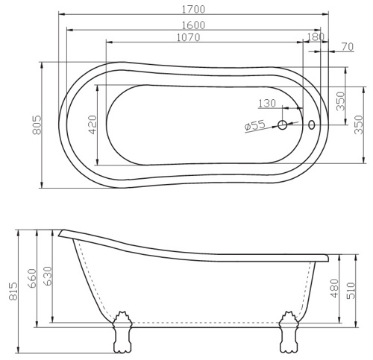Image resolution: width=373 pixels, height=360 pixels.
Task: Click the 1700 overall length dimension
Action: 194,10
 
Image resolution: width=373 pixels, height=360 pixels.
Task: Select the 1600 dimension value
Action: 194,25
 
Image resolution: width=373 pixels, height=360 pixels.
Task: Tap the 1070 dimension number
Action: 188,37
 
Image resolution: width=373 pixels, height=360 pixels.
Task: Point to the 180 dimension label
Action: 316,37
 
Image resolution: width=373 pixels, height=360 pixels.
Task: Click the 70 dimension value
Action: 347,46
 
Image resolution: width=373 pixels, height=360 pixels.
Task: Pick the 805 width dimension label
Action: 37,124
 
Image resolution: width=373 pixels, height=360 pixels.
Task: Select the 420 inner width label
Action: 93,124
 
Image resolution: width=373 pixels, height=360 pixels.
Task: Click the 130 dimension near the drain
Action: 267,104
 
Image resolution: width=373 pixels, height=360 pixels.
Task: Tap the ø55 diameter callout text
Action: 255,125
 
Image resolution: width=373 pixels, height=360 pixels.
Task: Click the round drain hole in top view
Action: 282,125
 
